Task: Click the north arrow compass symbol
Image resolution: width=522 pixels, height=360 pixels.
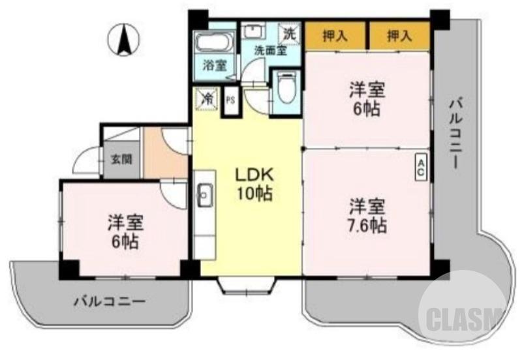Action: (x=125, y=38)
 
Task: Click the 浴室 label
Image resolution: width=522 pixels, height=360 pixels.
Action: (x=214, y=65)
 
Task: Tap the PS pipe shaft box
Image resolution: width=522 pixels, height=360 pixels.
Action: (x=230, y=100)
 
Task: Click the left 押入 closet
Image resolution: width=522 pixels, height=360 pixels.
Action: (x=335, y=37)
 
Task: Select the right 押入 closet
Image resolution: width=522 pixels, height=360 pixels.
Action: (x=399, y=37)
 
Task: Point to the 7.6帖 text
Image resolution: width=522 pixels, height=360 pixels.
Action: (x=366, y=226)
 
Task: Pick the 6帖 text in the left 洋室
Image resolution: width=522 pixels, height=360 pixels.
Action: (x=123, y=241)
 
